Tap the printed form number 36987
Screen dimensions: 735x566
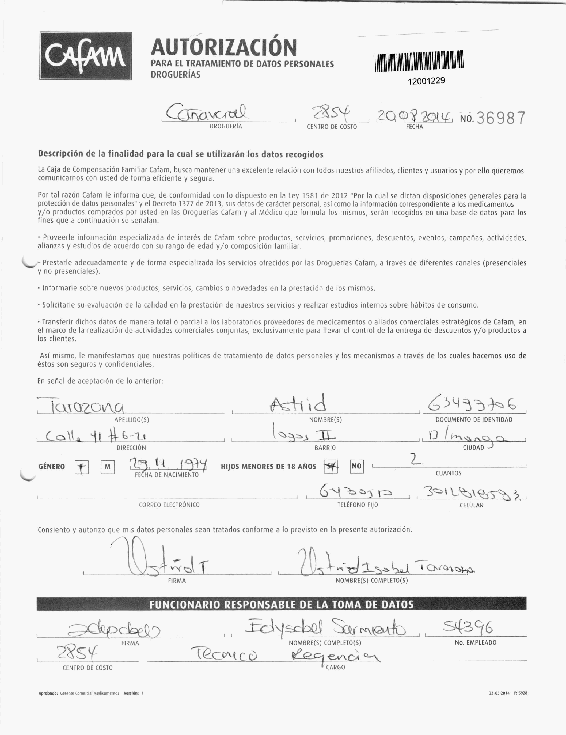501,118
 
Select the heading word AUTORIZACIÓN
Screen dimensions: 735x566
224,47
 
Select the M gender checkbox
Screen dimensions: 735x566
107,467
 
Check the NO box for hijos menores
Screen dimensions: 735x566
356,466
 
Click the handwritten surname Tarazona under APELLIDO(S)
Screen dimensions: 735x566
81,407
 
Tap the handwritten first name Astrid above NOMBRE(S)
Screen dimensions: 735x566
298,404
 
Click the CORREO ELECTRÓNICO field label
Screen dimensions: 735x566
169,505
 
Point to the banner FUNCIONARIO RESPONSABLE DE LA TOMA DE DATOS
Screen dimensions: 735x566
281,605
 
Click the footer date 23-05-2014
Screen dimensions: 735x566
499,693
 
